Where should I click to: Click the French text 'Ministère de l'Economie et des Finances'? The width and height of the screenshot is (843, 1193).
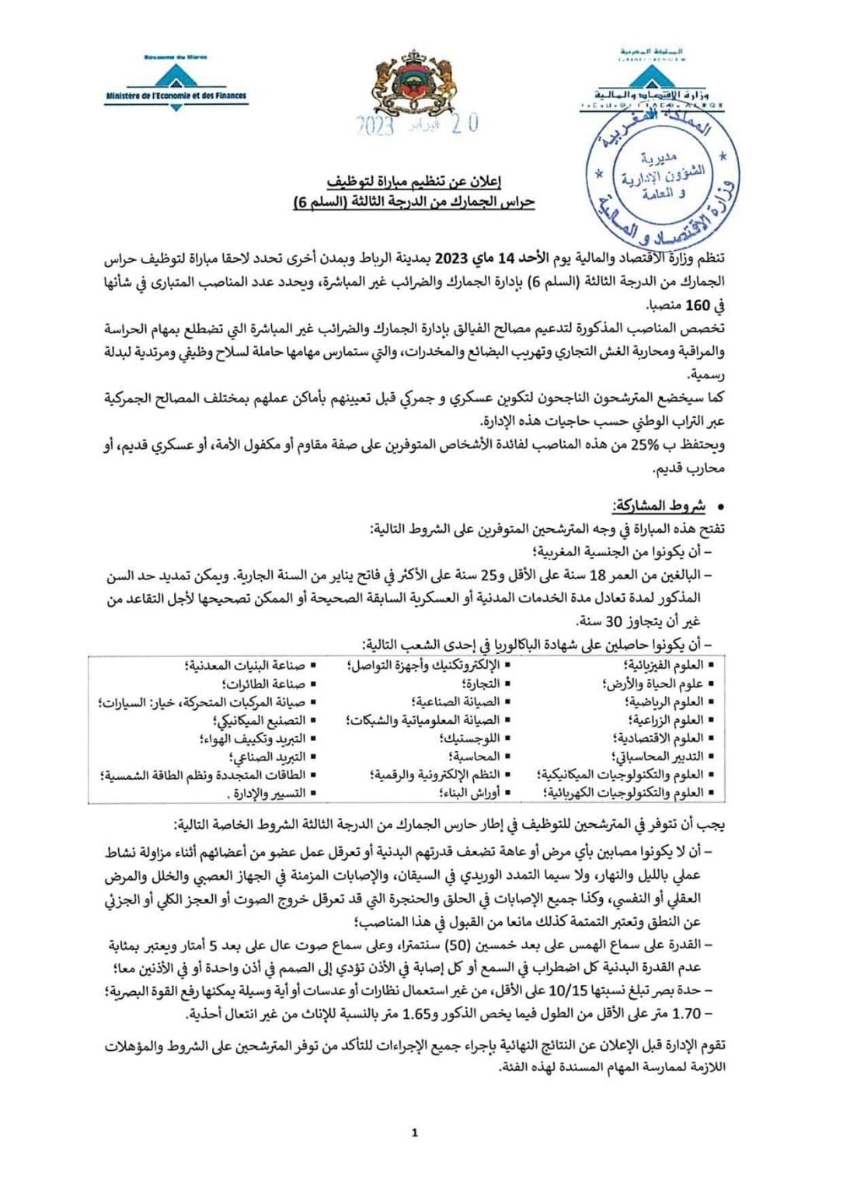tap(176, 96)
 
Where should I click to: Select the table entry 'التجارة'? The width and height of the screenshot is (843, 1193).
tap(482, 683)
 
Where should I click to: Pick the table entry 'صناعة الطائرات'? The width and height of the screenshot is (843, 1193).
tap(264, 683)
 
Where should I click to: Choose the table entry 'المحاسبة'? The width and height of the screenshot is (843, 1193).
tap(475, 756)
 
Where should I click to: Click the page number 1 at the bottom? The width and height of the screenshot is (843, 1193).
tap(414, 1132)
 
